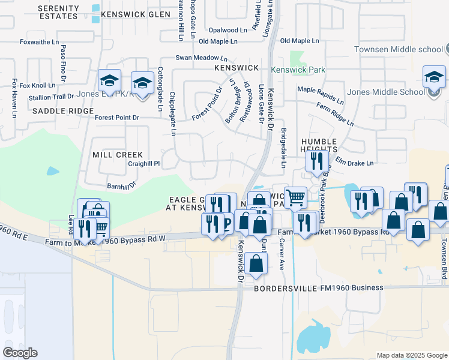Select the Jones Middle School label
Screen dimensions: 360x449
tap(386, 92)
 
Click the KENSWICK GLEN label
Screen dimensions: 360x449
tap(132, 14)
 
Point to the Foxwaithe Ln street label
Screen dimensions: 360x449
tap(39, 43)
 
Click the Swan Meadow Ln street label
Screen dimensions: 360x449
tap(201, 58)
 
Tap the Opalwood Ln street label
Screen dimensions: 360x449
tap(228, 29)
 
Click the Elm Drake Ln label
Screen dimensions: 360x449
tap(354, 163)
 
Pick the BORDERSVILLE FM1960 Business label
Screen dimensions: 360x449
tap(318, 288)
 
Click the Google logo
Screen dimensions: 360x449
tap(20, 353)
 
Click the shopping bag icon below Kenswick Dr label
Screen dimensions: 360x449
tap(256, 262)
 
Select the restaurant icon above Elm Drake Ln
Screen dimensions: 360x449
tap(316, 160)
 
